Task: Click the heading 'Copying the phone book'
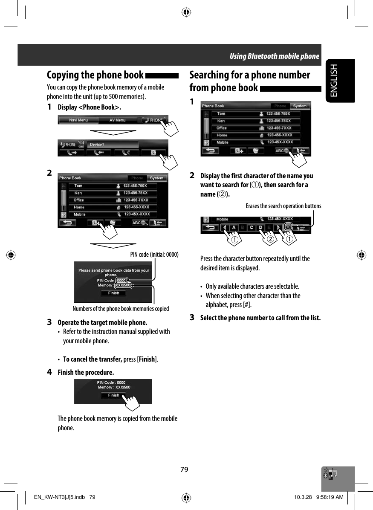95,75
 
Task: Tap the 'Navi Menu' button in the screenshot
78,120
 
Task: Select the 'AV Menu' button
117,120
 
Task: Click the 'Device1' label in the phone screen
97,145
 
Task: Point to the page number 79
184,469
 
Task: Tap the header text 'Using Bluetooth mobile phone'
274,56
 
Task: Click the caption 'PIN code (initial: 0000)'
154,255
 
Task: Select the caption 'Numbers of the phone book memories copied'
121,308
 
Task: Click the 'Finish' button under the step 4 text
113,395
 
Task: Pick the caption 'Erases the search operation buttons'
283,206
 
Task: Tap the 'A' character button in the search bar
234,227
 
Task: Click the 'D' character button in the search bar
260,227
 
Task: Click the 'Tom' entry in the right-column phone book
222,114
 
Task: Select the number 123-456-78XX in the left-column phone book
136,193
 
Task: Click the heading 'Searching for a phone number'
249,75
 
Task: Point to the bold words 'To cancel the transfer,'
93,359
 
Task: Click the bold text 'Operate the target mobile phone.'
102,322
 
